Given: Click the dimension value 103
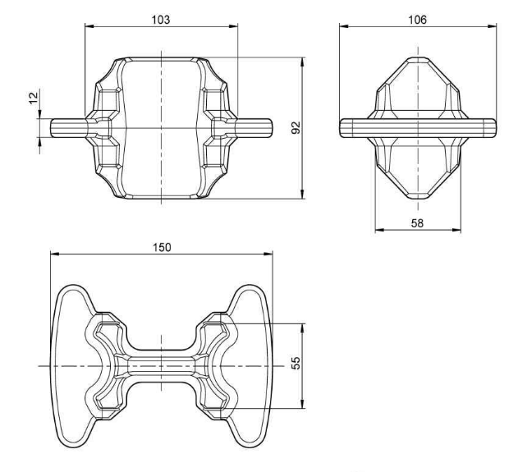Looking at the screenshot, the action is click(x=161, y=20).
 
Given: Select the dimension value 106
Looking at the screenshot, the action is click(x=417, y=20).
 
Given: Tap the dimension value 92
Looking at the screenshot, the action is click(x=296, y=128).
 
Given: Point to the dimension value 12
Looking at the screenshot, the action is click(x=34, y=99).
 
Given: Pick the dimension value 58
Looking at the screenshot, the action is click(x=417, y=223).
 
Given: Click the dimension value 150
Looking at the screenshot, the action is click(x=162, y=247).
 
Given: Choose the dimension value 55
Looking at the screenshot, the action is click(x=296, y=363).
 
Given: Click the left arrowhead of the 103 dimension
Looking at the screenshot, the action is click(x=89, y=26).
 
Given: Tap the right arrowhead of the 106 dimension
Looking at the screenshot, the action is click(x=493, y=26).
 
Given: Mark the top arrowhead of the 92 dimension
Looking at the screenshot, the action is click(x=302, y=62).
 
